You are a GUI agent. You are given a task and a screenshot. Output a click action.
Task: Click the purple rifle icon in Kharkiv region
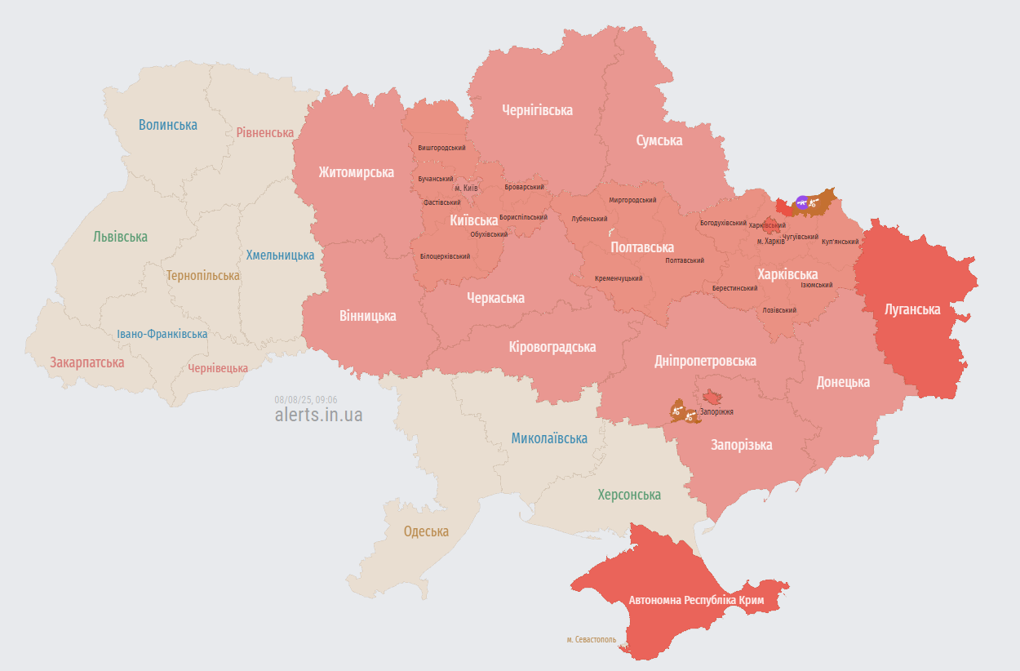(802, 202)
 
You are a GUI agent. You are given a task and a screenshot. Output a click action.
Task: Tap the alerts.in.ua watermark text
(318, 415)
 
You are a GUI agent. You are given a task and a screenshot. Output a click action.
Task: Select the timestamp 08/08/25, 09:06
(306, 399)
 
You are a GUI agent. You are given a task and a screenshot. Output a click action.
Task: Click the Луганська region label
(912, 309)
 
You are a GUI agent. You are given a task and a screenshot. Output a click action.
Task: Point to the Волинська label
(167, 125)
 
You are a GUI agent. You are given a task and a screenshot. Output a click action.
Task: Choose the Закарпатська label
(86, 362)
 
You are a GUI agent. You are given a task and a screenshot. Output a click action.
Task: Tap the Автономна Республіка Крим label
(696, 600)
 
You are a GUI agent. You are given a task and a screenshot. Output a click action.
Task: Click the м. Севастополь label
(592, 639)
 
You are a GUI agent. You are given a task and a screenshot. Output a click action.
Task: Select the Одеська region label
(426, 531)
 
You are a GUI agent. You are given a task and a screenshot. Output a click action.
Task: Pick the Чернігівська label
(537, 110)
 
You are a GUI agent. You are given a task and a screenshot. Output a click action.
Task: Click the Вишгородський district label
(441, 148)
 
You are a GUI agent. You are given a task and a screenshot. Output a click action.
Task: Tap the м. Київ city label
(466, 188)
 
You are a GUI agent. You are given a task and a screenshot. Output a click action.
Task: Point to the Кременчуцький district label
(618, 278)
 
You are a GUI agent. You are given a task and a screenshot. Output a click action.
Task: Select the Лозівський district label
(778, 310)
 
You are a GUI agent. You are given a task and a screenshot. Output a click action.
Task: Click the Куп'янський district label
(840, 242)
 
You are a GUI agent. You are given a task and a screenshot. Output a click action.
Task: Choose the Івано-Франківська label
(162, 334)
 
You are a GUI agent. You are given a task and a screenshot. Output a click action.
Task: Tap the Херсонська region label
(629, 495)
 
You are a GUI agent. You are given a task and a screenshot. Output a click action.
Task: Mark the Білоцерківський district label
(446, 256)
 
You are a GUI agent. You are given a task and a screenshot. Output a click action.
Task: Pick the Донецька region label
(843, 382)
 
